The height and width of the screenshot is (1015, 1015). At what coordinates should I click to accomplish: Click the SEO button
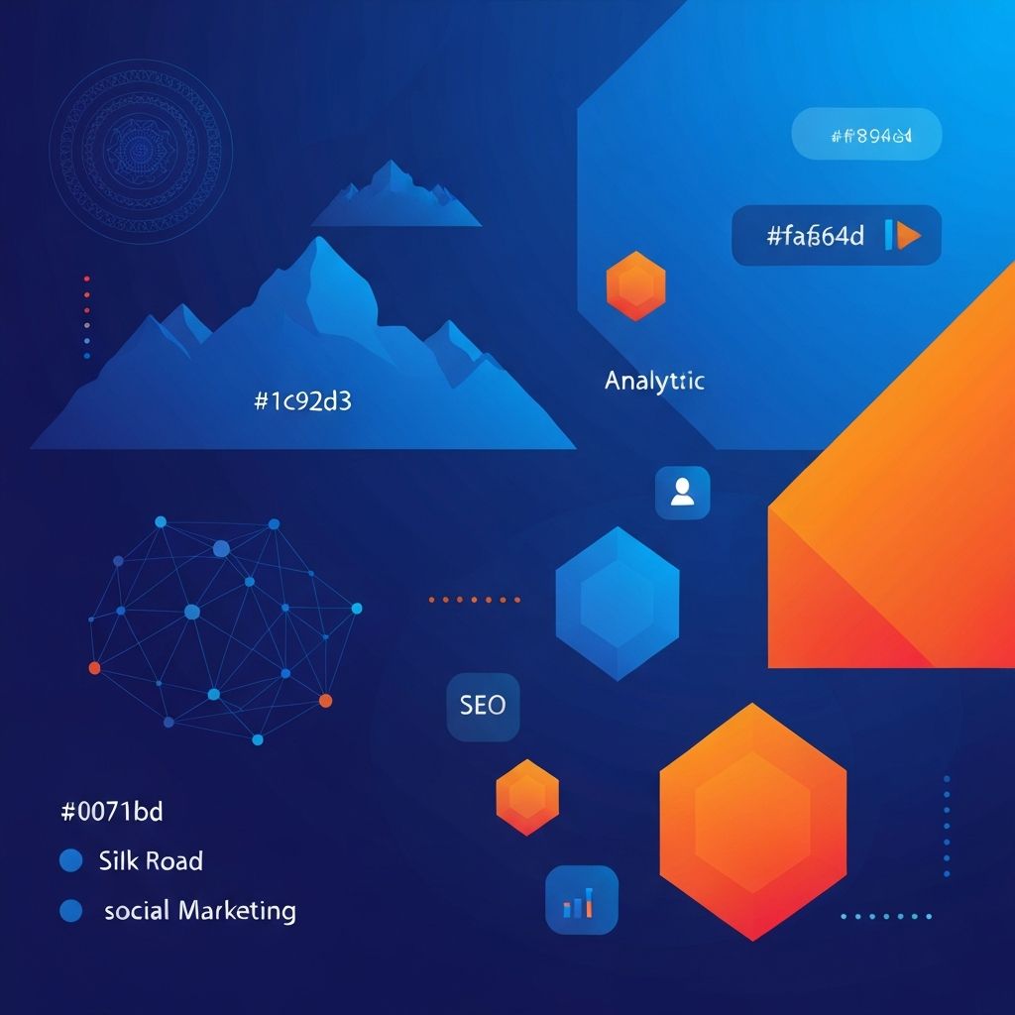coord(483,706)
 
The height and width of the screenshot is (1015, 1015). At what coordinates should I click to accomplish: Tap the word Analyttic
coord(654,381)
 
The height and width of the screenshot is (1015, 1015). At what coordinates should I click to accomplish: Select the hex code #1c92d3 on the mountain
coord(303,401)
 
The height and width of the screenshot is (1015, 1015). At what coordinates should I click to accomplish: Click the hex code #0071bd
coord(112,812)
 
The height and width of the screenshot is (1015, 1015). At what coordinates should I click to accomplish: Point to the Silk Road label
coord(151,860)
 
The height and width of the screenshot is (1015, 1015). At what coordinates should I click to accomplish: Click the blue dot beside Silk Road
coord(70,860)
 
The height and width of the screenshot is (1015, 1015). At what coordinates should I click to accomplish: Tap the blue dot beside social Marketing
coord(70,910)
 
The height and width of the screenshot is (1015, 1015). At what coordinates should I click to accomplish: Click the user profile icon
coord(682,492)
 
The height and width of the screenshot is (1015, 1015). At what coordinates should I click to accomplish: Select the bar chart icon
coord(581,900)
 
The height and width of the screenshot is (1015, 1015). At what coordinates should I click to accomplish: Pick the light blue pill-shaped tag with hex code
coord(866,134)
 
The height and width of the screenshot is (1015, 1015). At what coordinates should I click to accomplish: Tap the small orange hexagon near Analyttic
coord(635,286)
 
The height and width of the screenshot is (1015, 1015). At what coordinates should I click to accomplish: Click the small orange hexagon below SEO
coord(527,797)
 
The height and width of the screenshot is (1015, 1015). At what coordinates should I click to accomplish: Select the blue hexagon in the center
coord(618,603)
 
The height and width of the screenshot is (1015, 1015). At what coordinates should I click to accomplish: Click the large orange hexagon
coord(752,821)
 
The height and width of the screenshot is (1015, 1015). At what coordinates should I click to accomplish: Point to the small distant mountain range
coord(395,195)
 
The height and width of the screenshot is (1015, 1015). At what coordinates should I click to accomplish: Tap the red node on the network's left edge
coord(95,667)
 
